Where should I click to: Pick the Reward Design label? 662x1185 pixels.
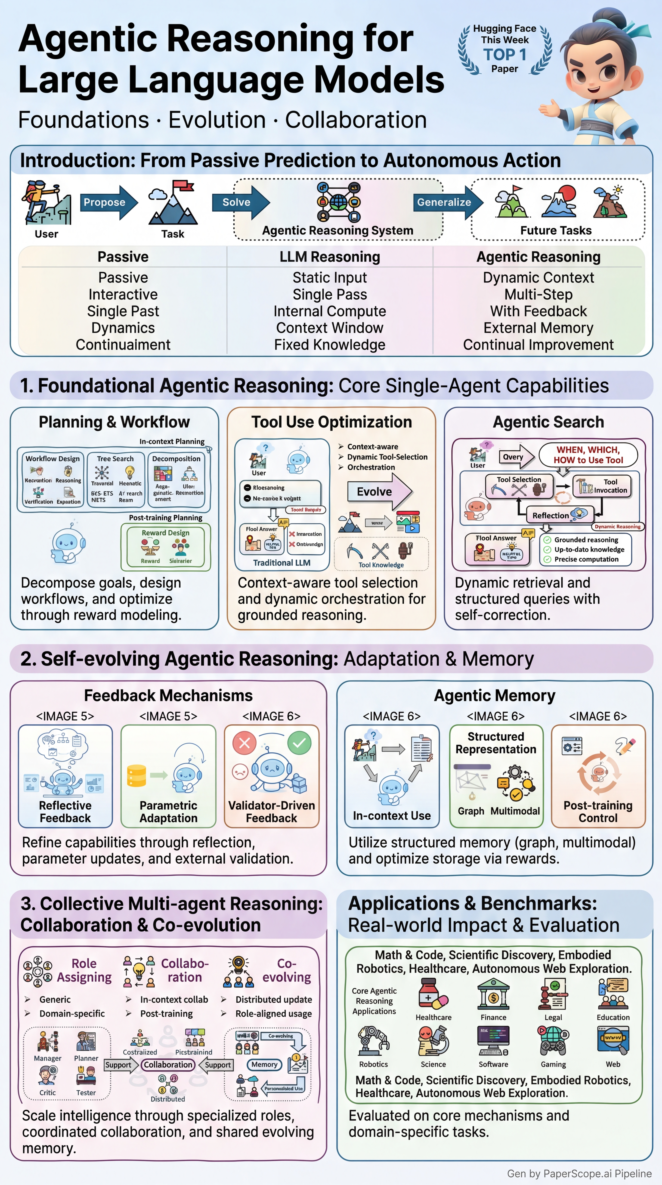pos(165,533)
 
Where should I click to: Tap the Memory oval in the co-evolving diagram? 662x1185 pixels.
pos(264,1064)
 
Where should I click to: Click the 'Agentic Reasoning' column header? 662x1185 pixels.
pos(538,257)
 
